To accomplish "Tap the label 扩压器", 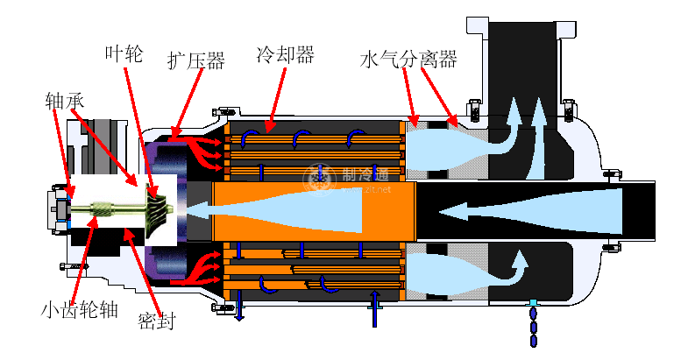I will tap(195, 60).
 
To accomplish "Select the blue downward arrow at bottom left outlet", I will tap(239, 307).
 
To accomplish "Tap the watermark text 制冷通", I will tap(362, 175).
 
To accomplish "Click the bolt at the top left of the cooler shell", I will tap(221, 111).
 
